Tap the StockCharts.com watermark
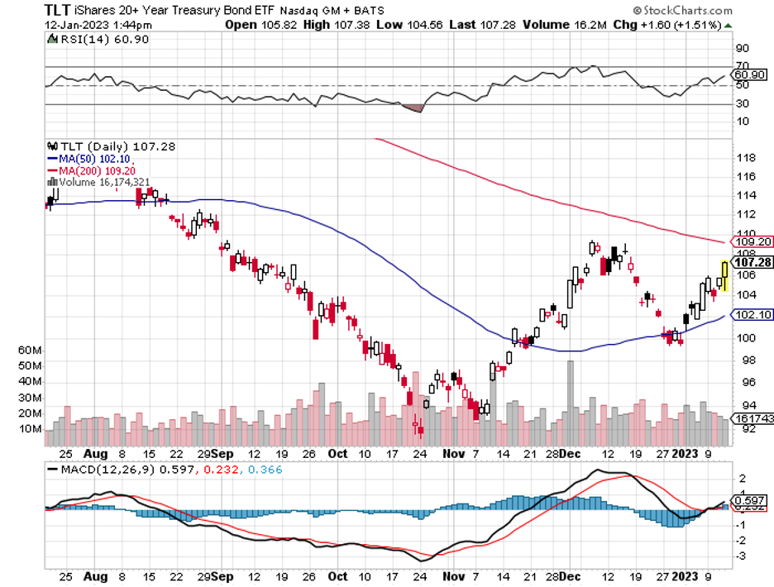(682, 11)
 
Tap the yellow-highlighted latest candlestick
(724, 275)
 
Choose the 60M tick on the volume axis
(30, 350)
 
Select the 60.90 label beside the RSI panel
(749, 74)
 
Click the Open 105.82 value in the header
(253, 25)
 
